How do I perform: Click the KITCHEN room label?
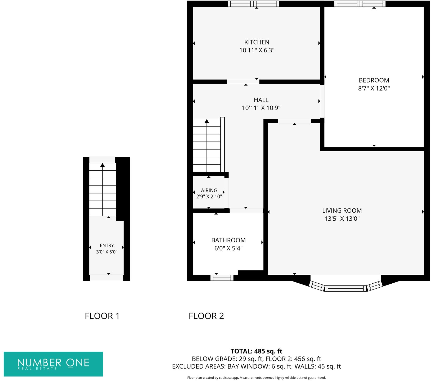coord(257,42)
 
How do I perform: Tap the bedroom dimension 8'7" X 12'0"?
coord(374,88)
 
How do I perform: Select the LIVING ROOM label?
coord(342,211)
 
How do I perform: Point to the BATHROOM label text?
coord(228,240)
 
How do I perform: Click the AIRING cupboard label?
coord(209,190)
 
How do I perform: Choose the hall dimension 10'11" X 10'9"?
coord(261,108)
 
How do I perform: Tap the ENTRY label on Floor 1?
coord(107,246)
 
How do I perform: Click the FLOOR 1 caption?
coord(102,316)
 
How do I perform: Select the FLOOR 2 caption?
coord(206,316)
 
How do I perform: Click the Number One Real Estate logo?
coord(53,364)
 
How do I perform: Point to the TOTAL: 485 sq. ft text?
coord(256,351)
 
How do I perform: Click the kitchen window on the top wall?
coord(253,4)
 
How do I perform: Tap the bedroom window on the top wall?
coord(360,4)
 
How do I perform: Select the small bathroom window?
coord(222,278)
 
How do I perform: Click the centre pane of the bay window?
coord(345,288)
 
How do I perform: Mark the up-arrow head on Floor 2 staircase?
coord(207,121)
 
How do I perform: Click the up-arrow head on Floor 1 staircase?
coord(102,165)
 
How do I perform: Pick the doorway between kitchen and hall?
coord(243,81)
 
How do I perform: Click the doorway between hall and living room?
coord(294,121)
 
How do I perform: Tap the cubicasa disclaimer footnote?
coord(256,378)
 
